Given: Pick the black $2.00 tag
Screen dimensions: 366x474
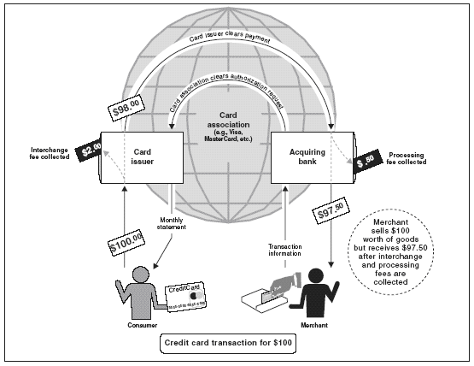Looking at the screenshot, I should pyautogui.click(x=89, y=151).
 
